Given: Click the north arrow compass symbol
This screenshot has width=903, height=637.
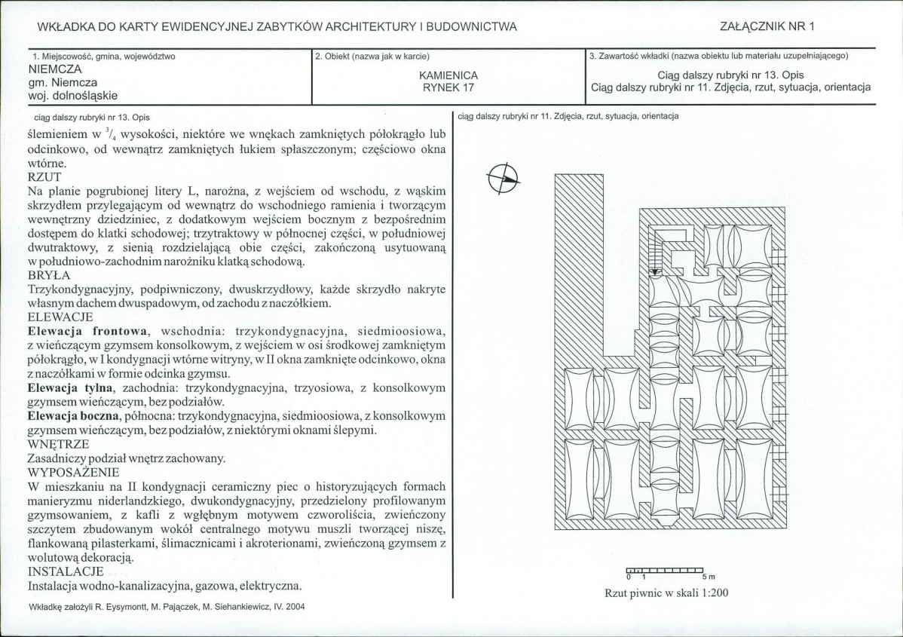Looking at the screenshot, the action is point(504,179).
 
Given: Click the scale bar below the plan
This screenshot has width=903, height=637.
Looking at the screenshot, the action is point(665,570).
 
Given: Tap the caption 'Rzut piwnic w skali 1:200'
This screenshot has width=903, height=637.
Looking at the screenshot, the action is point(666,593).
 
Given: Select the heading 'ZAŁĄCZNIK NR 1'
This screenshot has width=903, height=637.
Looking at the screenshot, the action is point(767,26).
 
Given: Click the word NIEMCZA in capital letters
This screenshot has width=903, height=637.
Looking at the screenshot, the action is point(55,69).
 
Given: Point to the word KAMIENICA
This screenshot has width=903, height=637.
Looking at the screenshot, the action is point(448,75).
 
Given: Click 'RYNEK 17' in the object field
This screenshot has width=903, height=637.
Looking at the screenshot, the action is point(448,88).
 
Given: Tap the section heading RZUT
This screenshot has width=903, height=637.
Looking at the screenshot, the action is point(44,177).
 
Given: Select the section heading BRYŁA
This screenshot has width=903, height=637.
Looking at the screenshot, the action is point(49,275).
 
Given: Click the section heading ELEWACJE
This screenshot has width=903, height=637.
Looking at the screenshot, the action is point(60,317).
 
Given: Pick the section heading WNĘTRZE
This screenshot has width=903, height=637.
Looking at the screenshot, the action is point(58,444).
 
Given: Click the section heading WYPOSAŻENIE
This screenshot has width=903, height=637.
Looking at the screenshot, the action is point(74,472).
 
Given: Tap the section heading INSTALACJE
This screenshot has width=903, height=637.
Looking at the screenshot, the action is point(66,571).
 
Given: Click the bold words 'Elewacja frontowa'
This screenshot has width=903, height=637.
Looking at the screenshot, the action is point(87,331).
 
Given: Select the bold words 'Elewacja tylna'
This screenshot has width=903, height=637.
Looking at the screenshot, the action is point(70,387).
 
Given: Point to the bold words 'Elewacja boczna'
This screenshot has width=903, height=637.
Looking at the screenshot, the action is point(74,416).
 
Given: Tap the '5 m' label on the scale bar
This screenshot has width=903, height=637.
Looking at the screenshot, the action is point(709,577).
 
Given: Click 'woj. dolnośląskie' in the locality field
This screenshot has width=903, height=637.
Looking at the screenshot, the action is point(72,96).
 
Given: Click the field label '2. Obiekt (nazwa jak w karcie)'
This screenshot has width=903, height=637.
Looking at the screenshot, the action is point(372,57).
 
